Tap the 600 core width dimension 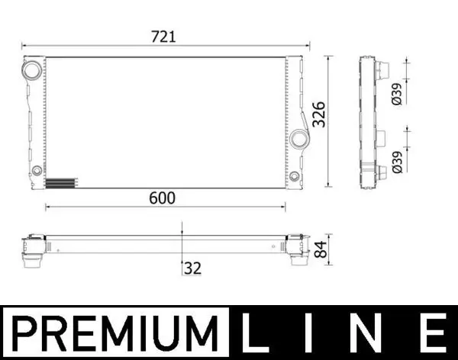[163, 198]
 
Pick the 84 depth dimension [320, 248]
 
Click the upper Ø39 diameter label [396, 94]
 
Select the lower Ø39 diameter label [396, 163]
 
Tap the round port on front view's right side [300, 139]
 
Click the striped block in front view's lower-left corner [61, 183]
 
